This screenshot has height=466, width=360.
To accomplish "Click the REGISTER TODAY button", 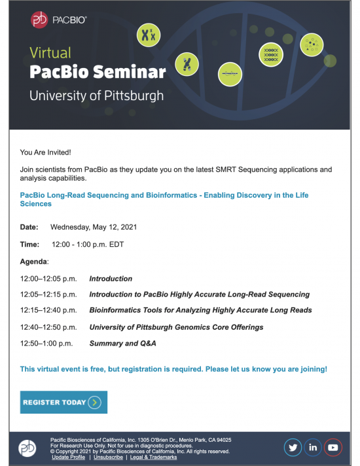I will [63, 402].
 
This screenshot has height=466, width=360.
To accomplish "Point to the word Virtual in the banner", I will [50, 52].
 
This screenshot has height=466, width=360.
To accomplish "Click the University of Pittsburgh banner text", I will [96, 95].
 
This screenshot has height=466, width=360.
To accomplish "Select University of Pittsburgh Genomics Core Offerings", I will [176, 327].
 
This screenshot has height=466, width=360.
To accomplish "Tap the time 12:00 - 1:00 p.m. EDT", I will [88, 244].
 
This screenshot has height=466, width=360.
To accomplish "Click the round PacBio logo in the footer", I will [27, 448].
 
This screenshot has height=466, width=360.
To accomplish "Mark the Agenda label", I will [34, 261].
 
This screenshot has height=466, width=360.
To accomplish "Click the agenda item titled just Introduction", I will [111, 278].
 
